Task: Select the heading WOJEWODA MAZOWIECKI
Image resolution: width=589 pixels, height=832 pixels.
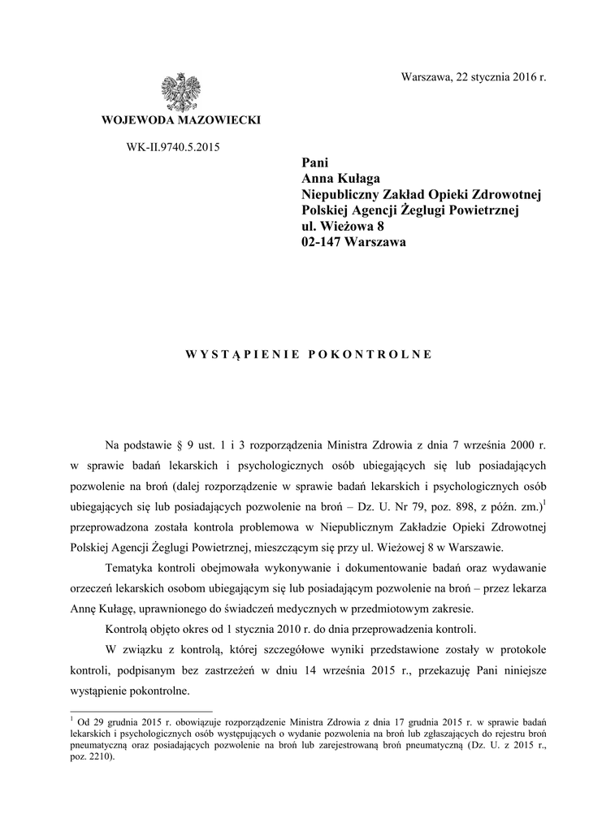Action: (180, 121)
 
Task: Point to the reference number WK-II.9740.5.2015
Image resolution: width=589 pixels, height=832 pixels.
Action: (180, 147)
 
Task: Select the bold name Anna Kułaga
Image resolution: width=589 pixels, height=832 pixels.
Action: (341, 179)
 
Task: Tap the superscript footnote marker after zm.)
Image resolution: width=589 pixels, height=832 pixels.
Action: (544, 501)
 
